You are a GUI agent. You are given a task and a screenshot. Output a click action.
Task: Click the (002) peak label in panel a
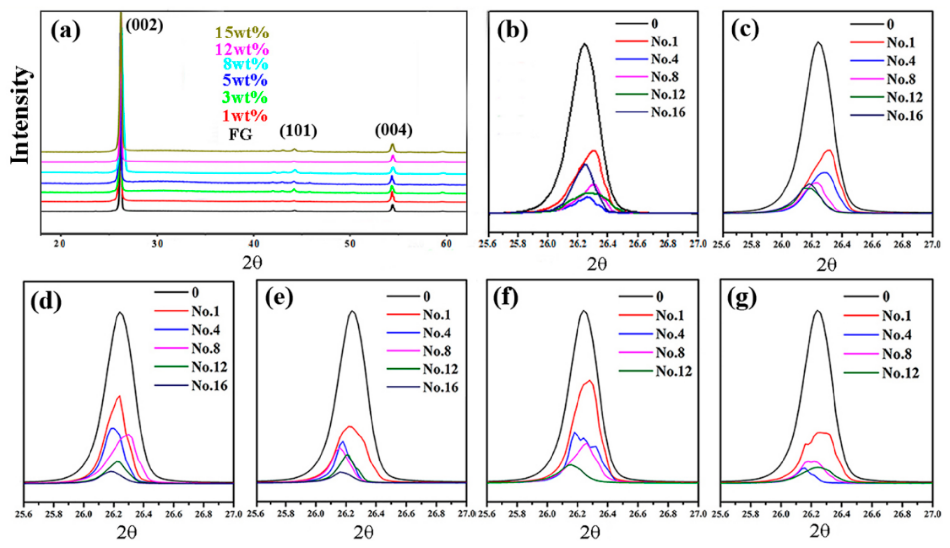(144, 26)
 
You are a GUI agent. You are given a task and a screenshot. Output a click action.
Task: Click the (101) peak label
(298, 131)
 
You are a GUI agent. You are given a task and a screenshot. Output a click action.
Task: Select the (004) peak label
(394, 130)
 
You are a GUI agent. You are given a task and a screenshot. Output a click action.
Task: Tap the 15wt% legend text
(242, 33)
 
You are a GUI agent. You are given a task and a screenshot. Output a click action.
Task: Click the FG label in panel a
(241, 134)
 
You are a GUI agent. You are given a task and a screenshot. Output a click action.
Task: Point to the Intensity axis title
(21, 115)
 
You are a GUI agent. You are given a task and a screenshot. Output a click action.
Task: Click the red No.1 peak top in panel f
(590, 381)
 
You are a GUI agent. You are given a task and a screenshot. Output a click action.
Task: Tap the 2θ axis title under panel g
(820, 532)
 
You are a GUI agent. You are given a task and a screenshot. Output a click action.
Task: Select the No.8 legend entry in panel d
(206, 349)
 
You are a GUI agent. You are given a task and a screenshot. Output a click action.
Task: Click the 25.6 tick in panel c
(721, 245)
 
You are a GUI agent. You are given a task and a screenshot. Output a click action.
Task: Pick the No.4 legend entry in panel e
(437, 333)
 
